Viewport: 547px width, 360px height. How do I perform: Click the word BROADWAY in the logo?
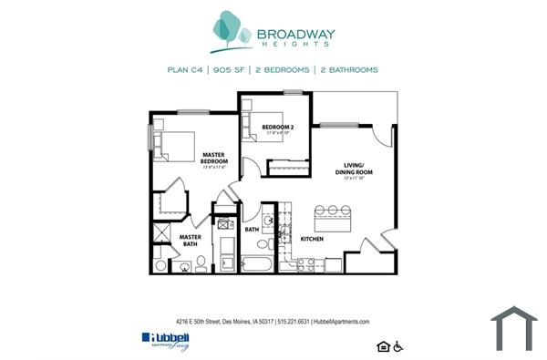pos(296,36)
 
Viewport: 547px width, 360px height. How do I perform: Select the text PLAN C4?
pos(186,69)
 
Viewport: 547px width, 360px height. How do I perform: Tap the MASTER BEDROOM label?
pos(214,159)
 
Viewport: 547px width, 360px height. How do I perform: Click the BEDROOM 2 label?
pos(277,127)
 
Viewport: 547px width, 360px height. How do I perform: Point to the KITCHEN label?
pos(314,238)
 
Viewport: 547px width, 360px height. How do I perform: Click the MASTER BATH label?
pos(190,241)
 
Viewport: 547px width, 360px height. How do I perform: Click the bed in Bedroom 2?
pos(254,129)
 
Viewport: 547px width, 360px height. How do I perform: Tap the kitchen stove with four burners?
pos(306,264)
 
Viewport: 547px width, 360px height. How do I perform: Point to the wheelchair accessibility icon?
pos(397,345)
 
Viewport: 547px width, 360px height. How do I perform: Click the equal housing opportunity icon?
pos(382,345)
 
